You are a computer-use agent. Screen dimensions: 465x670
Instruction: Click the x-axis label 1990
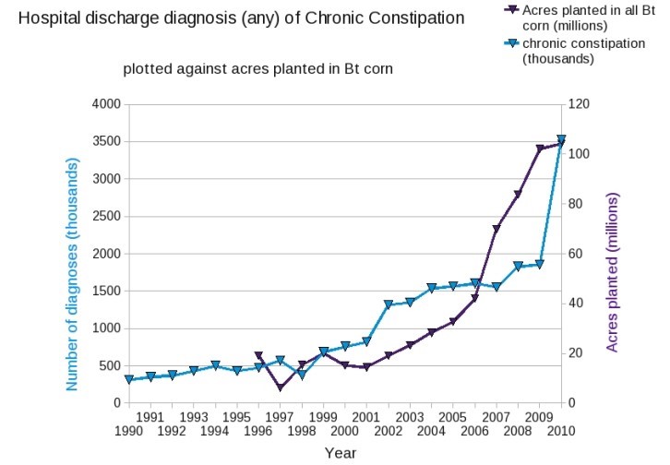coord(128,431)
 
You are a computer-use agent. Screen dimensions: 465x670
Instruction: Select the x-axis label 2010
coord(561,431)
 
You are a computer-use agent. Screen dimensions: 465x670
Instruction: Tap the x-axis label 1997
coord(280,417)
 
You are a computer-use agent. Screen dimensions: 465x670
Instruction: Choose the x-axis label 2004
coord(431,431)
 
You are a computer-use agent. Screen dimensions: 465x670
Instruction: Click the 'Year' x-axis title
coord(340,453)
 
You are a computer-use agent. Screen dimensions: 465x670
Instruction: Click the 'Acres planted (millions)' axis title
coord(613,272)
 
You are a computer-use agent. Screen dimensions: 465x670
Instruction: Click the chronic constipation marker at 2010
coord(561,140)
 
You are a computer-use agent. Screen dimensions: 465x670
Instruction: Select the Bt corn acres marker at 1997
coord(280,387)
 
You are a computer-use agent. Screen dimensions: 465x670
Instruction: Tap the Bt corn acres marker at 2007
coord(497,229)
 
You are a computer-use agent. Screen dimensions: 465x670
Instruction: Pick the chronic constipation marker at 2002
coord(389,304)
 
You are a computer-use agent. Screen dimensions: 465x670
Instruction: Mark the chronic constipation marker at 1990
coord(129,379)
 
